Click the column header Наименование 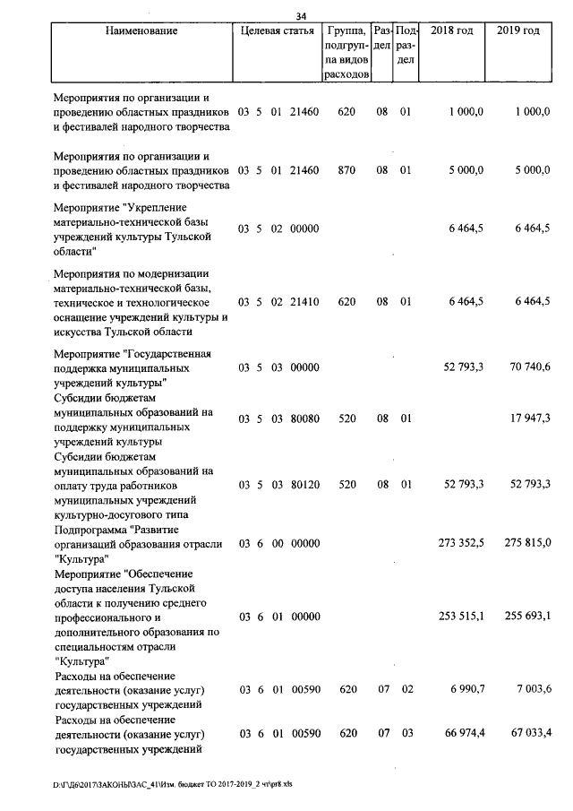141,31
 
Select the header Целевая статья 278,31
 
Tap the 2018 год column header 451,31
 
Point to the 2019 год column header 517,31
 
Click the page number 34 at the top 301,15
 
